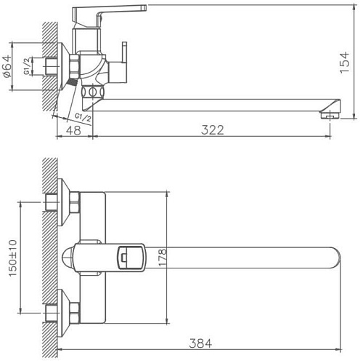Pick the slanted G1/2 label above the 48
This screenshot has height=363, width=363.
coord(81,115)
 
